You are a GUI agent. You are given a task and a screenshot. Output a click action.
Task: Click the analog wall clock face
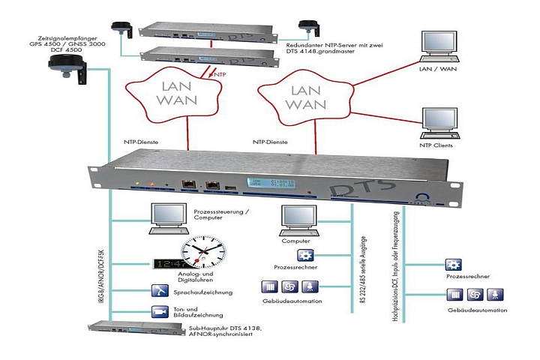coord(202,253)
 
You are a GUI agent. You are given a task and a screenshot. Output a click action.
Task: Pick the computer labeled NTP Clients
coord(440,121)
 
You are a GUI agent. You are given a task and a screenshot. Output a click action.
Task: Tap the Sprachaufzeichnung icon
coord(160,291)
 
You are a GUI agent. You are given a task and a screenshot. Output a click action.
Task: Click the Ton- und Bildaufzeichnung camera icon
coord(160,310)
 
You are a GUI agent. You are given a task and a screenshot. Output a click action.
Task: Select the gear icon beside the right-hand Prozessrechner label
coord(452,265)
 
